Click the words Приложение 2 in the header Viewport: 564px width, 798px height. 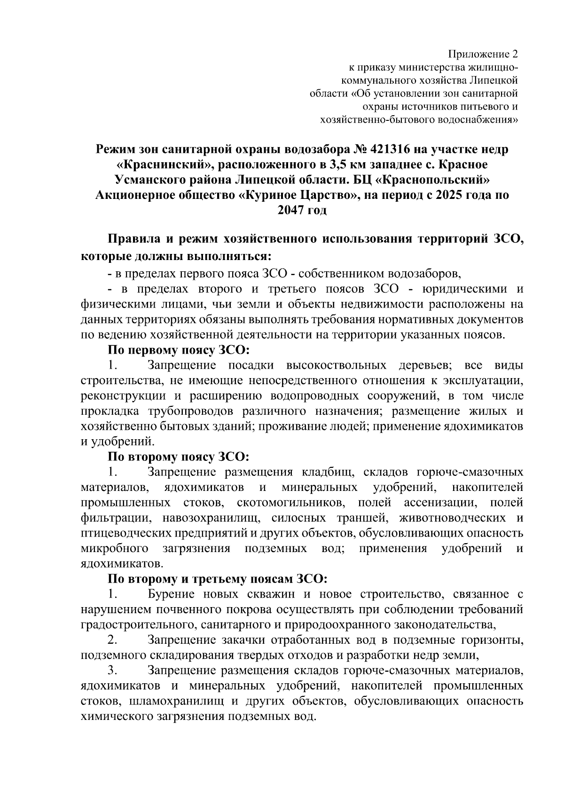point(484,53)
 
